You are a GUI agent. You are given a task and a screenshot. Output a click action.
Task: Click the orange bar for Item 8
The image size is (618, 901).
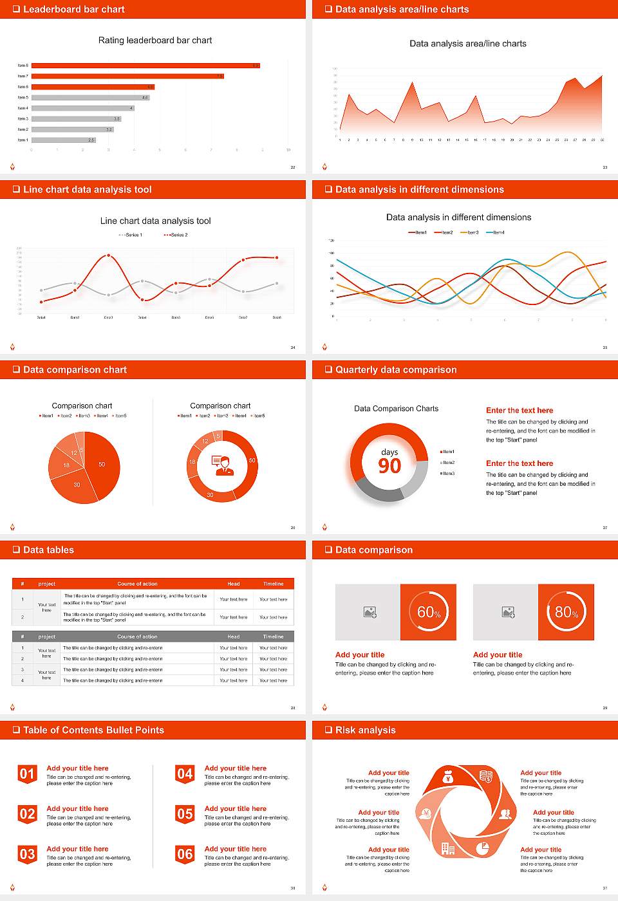pos(145,66)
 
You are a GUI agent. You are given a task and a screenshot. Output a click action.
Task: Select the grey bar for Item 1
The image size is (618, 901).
pos(63,140)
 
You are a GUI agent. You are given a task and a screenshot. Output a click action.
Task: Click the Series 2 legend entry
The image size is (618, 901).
pos(176,235)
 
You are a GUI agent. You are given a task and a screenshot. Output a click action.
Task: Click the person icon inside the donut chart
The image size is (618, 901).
pos(222,465)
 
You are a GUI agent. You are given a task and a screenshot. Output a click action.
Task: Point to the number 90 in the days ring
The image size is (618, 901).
pos(389,466)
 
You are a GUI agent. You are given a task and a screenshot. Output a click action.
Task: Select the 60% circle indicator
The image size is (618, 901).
pos(428,612)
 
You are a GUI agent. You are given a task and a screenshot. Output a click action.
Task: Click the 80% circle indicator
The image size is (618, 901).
pos(566,612)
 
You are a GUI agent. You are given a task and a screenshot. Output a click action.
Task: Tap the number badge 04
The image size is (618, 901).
pos(185,774)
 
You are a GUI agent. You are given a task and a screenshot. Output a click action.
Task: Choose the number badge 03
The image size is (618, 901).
pos(27,855)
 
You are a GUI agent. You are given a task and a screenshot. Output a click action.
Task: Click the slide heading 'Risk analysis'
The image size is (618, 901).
pos(365,730)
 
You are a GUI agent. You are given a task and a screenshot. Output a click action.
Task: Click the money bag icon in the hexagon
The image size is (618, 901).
pos(449,777)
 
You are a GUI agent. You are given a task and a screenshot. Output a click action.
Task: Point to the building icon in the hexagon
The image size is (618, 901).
pos(447,848)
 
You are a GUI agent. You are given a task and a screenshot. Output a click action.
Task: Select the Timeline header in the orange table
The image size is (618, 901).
pos(273,584)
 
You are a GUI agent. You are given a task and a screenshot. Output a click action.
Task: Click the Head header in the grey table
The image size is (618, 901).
pos(233,636)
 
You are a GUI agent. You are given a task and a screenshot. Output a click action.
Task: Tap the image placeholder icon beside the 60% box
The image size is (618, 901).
pos(370,612)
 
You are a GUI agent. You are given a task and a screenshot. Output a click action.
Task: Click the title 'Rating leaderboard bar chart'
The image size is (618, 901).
pos(155,40)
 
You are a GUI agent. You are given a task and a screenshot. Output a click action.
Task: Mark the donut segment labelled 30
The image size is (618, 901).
pos(211,494)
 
